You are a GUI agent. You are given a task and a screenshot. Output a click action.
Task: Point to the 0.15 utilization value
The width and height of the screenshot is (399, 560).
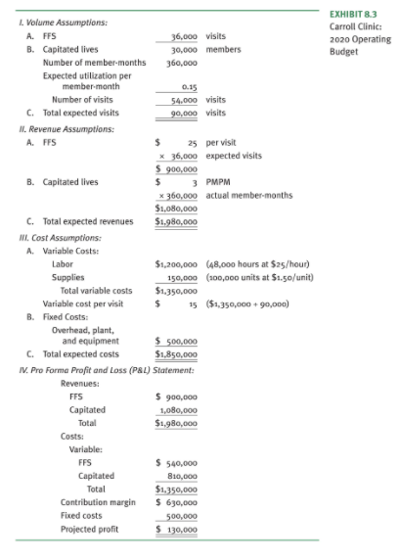click(x=191, y=86)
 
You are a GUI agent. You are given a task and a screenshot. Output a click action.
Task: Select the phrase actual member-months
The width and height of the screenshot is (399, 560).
click(x=245, y=195)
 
